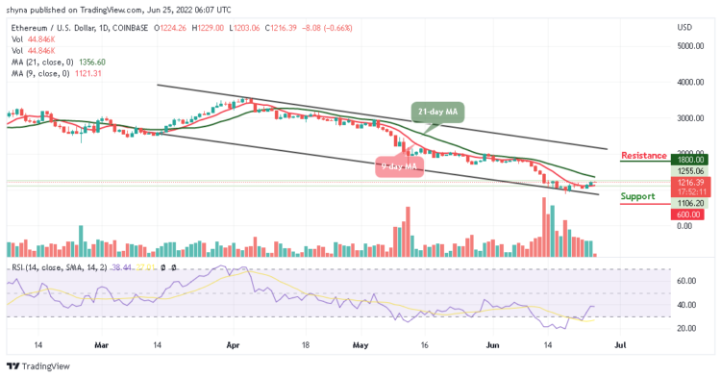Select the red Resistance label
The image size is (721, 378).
coord(644,155)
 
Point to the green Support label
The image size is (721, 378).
coord(638,196)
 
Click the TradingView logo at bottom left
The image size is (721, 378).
coord(38,365)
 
